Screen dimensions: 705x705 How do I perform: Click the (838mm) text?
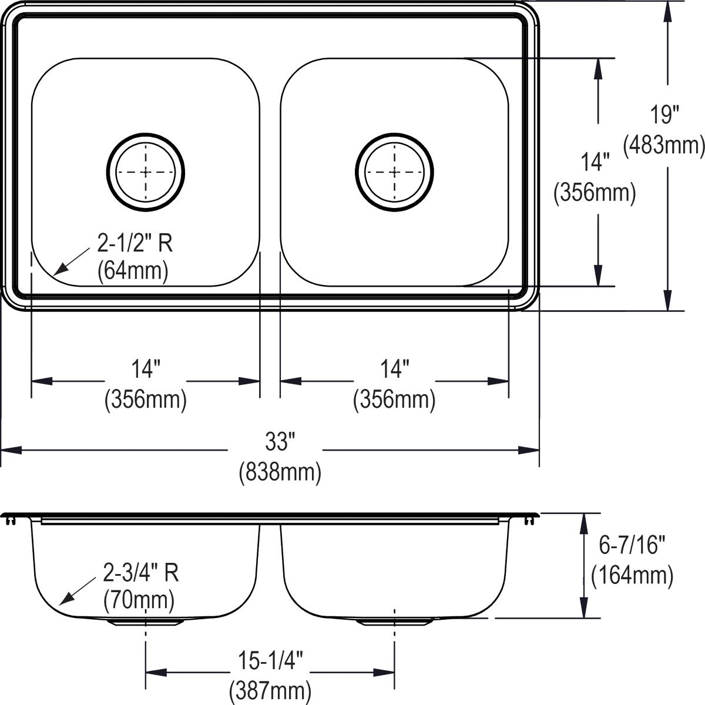coord(280,472)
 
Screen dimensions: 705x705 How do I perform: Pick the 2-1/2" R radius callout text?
coord(135,243)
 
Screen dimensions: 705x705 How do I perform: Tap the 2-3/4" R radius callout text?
coord(140,572)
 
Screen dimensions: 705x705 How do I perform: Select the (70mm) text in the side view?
coord(139,600)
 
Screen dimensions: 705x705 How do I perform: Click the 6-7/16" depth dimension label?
coord(632,546)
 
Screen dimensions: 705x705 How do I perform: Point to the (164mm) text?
coord(632,575)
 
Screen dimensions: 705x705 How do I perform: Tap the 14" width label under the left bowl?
coord(146,370)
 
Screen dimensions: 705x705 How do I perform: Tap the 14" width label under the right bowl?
coord(394,370)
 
